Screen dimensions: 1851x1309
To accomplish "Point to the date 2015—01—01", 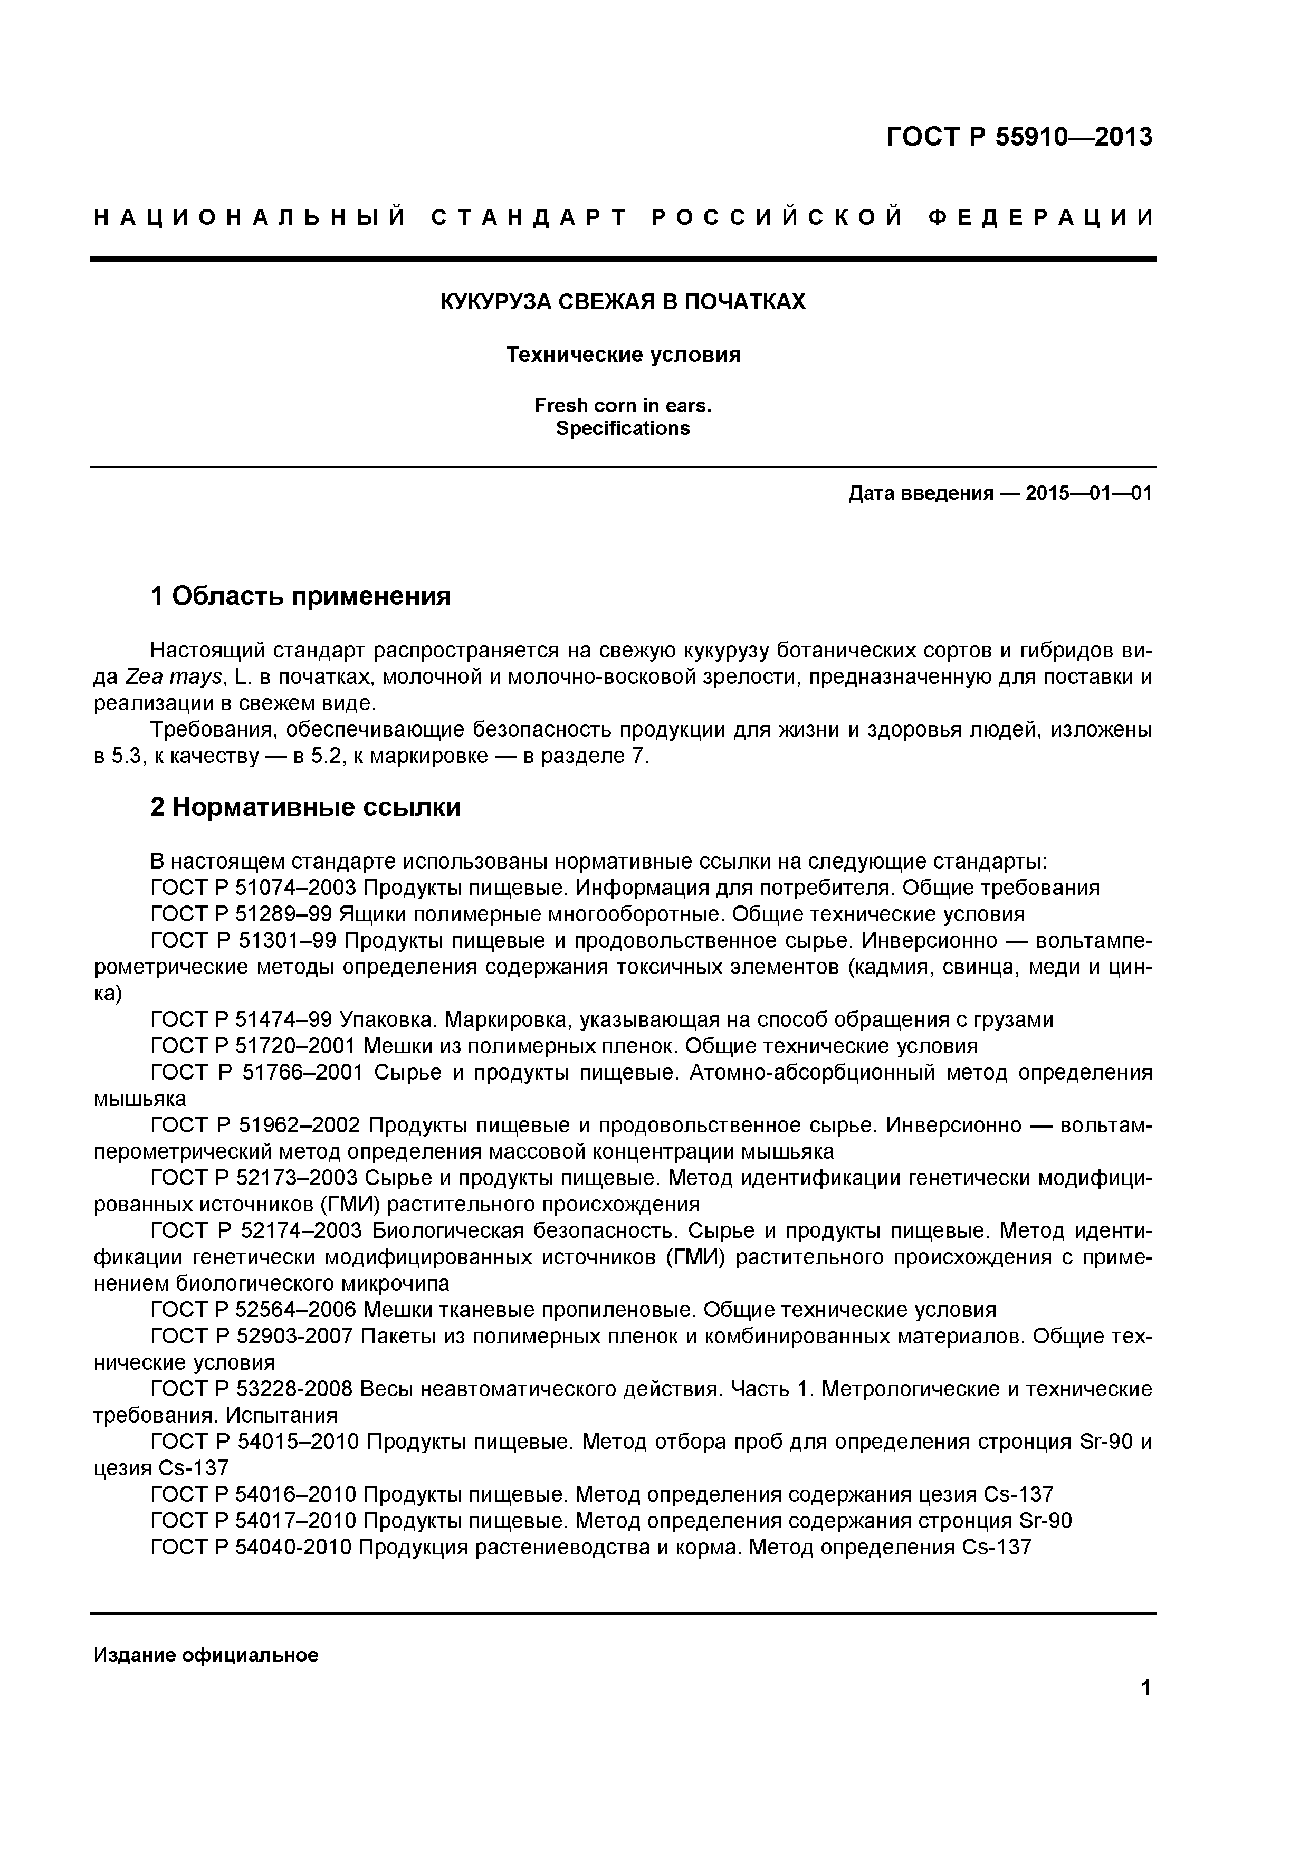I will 1088,493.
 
